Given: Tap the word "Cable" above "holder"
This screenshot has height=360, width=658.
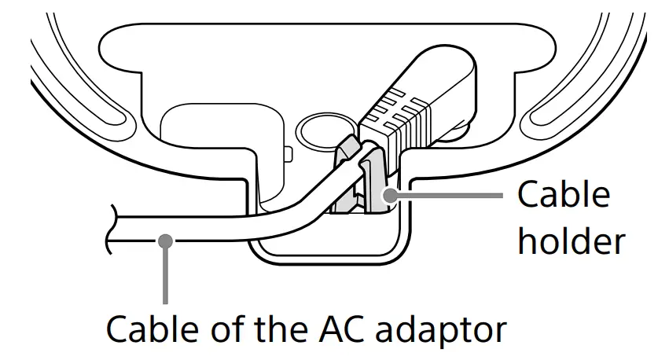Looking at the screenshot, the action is click(x=563, y=194).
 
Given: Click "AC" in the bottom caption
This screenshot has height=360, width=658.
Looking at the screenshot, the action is click(x=336, y=330).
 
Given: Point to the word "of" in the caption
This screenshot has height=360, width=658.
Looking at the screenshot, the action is click(x=218, y=330).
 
